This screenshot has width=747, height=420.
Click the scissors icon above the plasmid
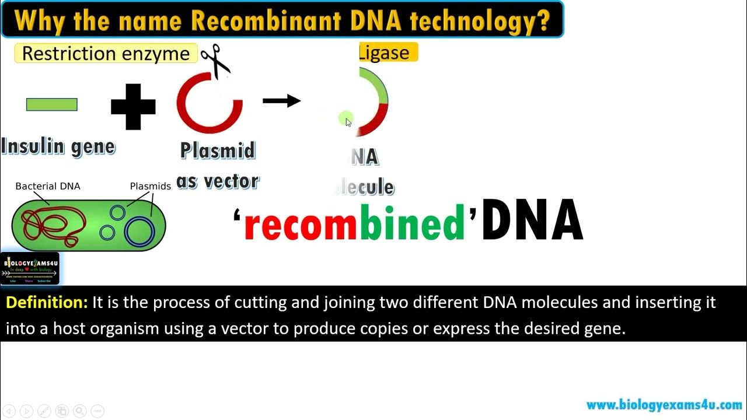[x=215, y=61]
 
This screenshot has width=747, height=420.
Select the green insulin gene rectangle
[x=52, y=104]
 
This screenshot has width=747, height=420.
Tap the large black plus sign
[x=133, y=107]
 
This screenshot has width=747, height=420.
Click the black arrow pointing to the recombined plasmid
[x=281, y=101]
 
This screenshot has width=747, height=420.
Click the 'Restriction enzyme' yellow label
[x=106, y=54]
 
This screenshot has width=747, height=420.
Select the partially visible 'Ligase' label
[x=388, y=52]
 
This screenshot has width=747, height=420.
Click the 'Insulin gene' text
[x=58, y=146]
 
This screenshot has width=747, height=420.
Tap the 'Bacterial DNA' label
[x=48, y=186]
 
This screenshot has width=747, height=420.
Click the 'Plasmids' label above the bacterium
[x=150, y=186]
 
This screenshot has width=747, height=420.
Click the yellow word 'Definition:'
[x=47, y=302]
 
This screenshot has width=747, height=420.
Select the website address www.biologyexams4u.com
[x=664, y=405]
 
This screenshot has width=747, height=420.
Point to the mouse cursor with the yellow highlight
[x=347, y=120]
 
